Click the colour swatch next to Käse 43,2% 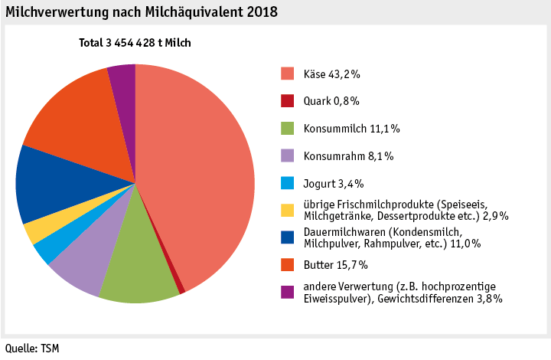[287, 74]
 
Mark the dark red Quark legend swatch [287, 101]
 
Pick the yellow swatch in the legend [287, 210]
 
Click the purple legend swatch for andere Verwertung [287, 292]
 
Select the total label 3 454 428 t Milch [135, 43]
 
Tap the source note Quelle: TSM [32, 349]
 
